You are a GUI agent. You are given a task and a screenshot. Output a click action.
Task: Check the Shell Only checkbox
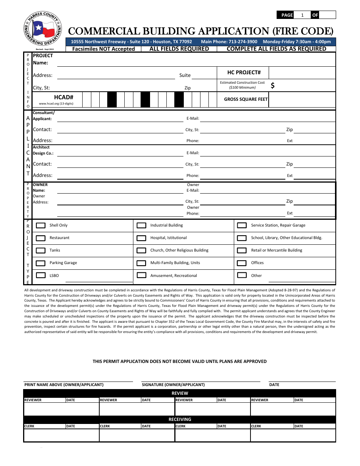tap(41, 225)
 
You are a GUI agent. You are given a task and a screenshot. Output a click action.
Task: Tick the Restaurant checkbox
tap(41, 238)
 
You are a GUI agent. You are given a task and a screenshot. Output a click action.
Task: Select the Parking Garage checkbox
tap(41, 263)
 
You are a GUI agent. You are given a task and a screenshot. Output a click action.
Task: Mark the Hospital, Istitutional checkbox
tap(141, 238)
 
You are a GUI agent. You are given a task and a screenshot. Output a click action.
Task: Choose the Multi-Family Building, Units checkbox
tap(141, 263)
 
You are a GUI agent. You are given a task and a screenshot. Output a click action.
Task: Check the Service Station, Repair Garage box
tap(242, 225)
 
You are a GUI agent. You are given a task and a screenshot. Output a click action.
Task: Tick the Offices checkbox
tap(242, 263)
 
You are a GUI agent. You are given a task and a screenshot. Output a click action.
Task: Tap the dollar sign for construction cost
tap(272, 86)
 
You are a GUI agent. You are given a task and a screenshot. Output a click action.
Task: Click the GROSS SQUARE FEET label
tap(246, 99)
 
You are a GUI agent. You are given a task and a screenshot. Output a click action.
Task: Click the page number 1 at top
tap(302, 15)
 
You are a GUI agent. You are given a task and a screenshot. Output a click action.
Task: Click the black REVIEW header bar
tap(180, 393)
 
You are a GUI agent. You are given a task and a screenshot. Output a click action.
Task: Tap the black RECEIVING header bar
tap(180, 419)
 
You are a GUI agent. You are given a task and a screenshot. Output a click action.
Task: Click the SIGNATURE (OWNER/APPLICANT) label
tap(173, 385)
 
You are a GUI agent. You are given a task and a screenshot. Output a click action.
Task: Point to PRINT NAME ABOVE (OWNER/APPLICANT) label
tap(64, 385)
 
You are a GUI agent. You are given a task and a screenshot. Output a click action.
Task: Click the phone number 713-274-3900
tap(243, 42)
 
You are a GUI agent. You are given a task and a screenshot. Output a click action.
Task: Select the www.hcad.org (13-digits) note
tap(56, 103)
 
